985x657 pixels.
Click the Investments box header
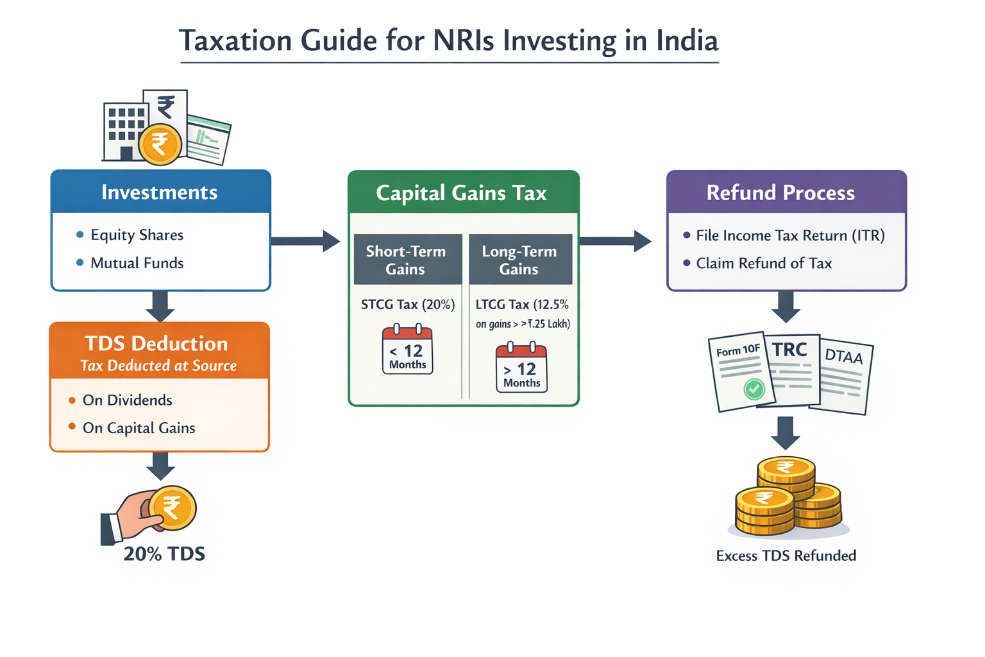click(x=160, y=192)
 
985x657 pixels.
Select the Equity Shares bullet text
click(x=137, y=235)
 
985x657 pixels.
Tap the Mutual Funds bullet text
click(x=137, y=263)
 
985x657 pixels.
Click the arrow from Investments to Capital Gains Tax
click(x=305, y=241)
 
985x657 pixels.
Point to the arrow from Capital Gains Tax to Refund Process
click(x=615, y=241)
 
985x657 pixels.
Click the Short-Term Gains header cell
click(x=406, y=260)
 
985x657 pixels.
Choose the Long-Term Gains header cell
click(x=519, y=260)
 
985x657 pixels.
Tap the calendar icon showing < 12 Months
click(x=407, y=350)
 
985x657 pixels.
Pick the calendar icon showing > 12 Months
click(x=521, y=368)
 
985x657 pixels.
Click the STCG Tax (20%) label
click(x=408, y=305)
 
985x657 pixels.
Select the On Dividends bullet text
click(x=127, y=400)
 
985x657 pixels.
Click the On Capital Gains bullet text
click(x=139, y=428)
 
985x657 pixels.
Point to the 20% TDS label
click(x=164, y=554)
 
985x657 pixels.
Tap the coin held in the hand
click(x=173, y=508)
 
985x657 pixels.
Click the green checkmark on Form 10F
click(x=754, y=388)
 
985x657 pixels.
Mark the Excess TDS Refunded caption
click(x=786, y=556)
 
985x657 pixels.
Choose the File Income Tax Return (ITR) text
click(x=790, y=235)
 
